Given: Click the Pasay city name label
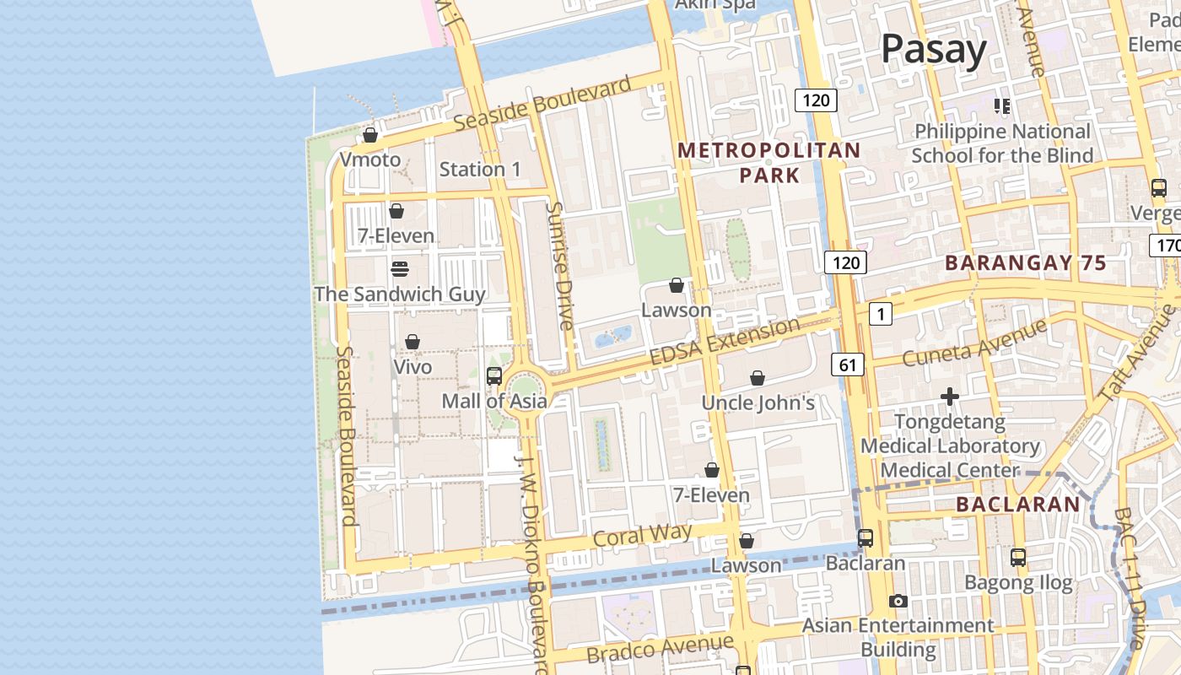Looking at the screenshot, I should click(934, 50).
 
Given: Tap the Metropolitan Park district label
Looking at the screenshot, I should click(769, 163).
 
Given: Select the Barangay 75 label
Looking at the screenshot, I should click(1025, 262).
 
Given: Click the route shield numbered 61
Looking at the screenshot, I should click(847, 364).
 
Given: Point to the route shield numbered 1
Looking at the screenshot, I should click(880, 315).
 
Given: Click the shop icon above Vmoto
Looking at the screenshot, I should click(369, 135).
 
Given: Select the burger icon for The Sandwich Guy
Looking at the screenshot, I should click(400, 269).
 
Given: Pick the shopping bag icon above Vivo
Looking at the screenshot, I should click(413, 342).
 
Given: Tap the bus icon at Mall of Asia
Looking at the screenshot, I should click(494, 376).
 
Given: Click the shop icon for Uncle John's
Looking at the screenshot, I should click(758, 378).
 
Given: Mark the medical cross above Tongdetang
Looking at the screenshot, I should click(950, 396).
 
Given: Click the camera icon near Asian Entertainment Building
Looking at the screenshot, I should click(898, 601).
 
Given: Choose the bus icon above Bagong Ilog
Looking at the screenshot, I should click(1018, 558).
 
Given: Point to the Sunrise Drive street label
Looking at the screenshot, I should click(559, 266).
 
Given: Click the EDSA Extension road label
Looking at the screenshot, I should click(726, 341).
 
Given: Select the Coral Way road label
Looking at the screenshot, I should click(642, 535).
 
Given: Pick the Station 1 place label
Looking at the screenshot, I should click(480, 170).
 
